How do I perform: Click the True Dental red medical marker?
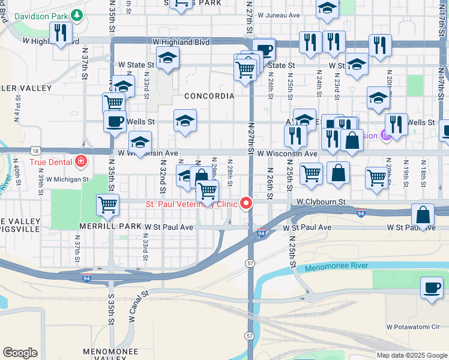[80, 161]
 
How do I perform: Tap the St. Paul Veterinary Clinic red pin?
[246, 204]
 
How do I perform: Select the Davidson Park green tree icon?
[76, 14]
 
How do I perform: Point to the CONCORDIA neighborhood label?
[209, 96]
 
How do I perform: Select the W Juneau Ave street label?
[279, 14]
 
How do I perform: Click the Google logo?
[20, 353]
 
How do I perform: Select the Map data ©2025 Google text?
[411, 355]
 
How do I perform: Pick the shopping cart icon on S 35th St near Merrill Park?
[108, 205]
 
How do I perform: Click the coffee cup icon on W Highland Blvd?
[264, 50]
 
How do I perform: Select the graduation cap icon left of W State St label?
[168, 58]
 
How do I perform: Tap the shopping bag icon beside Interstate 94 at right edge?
[423, 215]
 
